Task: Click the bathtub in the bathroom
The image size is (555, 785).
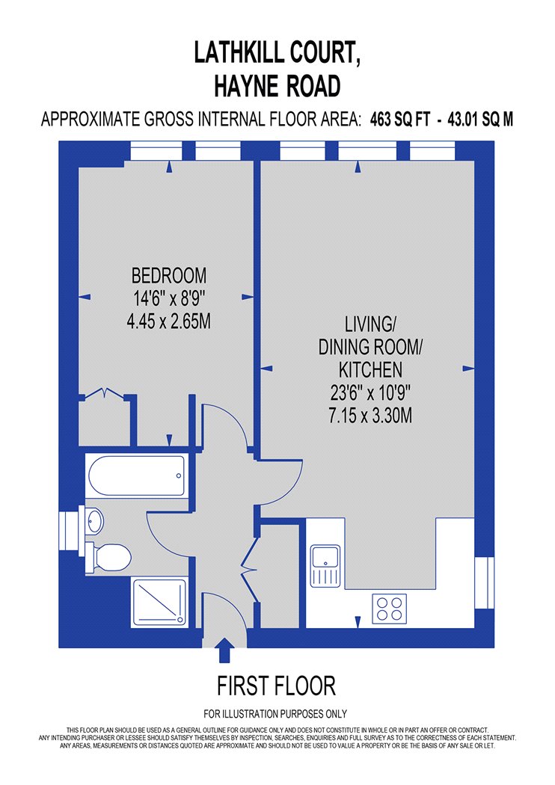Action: (136, 475)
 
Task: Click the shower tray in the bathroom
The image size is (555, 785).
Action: (159, 602)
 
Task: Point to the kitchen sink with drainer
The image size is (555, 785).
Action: (325, 566)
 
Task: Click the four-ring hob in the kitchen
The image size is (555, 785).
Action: (389, 609)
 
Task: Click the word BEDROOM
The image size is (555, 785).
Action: (169, 276)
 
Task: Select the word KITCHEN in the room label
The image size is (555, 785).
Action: (370, 370)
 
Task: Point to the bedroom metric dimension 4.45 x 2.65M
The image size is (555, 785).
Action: (169, 321)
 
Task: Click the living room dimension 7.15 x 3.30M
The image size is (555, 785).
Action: (370, 416)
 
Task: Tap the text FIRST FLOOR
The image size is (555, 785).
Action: (276, 686)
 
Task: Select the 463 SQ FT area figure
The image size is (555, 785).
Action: (399, 120)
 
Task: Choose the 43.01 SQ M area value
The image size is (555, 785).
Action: (480, 120)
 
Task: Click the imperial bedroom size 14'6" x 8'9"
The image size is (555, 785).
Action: (169, 299)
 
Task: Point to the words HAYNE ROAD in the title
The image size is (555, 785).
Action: (277, 86)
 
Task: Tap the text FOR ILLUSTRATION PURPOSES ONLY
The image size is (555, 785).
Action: (275, 714)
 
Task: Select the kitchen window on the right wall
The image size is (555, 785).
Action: (485, 583)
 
